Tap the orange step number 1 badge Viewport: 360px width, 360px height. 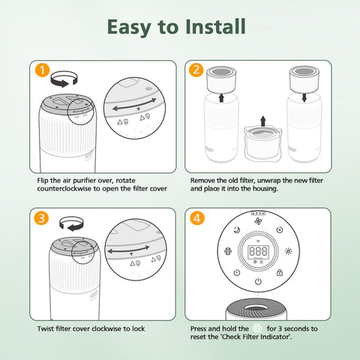42,70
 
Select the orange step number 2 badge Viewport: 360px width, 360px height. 196,70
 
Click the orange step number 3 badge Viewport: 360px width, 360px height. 41,218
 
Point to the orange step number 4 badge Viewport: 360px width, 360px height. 197,218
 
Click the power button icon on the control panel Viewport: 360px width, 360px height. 258,282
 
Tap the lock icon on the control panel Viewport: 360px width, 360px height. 280,272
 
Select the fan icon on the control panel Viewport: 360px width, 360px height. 258,221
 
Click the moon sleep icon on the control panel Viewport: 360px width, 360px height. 237,230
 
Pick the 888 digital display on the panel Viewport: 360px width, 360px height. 258,251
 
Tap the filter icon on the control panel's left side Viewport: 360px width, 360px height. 228,251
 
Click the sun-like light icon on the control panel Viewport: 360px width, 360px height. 289,251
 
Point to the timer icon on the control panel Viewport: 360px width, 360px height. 237,272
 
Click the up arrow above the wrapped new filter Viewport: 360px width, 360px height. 262,121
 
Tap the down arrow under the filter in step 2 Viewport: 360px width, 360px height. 304,97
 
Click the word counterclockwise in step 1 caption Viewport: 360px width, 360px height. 64,188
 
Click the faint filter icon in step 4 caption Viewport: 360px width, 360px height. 257,328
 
